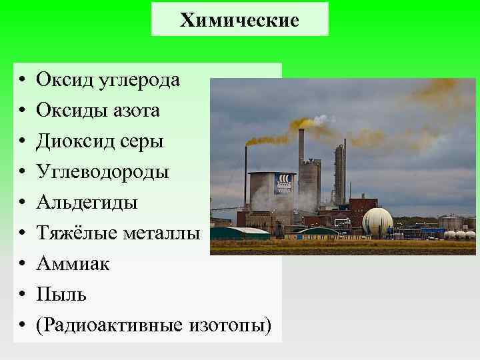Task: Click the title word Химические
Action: [x=239, y=21]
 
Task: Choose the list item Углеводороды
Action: [x=102, y=172]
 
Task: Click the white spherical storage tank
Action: [x=377, y=222]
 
